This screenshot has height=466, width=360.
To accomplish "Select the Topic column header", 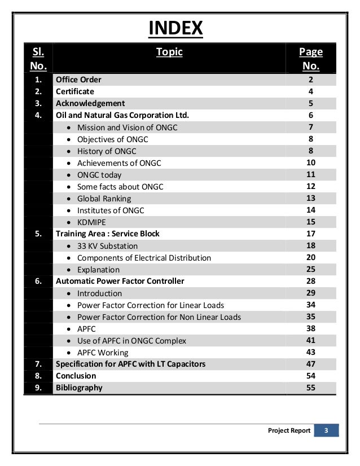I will [169, 52].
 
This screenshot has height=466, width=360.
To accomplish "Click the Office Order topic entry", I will [78, 80].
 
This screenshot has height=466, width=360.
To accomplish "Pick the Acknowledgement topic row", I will [90, 103].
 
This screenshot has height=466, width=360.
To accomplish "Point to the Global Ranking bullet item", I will [104, 199].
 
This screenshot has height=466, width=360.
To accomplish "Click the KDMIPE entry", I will [93, 222].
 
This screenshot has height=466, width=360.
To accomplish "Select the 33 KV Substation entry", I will [107, 246].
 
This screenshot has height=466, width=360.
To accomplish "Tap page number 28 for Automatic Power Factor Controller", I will [310, 281].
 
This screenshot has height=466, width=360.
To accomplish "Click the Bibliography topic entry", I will [79, 388].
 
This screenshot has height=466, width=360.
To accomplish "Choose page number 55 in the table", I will [310, 388].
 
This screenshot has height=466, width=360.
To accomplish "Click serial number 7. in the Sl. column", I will [38, 364].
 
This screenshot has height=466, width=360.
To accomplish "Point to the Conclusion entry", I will [76, 376].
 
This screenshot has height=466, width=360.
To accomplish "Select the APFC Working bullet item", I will [103, 353].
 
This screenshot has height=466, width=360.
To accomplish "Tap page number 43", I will [310, 352].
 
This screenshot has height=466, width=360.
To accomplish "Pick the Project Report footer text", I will [289, 431].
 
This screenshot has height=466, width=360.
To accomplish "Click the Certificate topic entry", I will [74, 91].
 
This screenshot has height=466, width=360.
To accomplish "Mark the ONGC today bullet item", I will [99, 175].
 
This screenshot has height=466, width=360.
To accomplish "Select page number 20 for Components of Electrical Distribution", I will [310, 257].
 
